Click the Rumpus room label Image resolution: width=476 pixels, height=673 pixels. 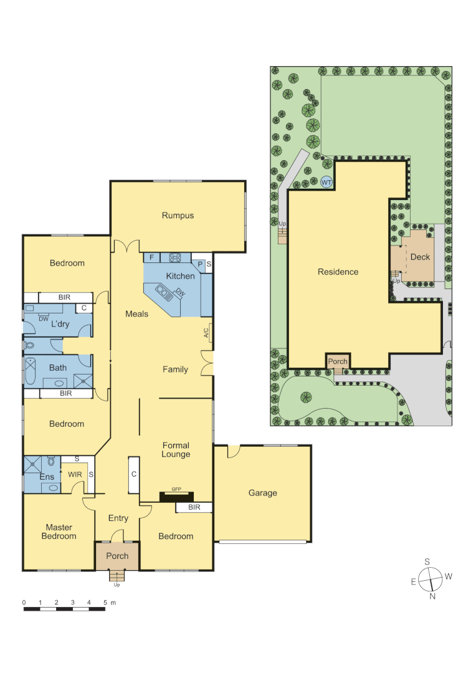[178, 216]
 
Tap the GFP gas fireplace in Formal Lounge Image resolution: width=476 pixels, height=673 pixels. [176, 496]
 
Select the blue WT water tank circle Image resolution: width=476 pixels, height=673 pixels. [326, 182]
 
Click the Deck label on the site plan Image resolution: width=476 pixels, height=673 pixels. [420, 257]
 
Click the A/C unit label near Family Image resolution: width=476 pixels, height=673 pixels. [206, 333]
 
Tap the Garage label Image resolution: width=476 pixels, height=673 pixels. [262, 493]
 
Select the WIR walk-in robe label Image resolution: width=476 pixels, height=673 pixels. [75, 475]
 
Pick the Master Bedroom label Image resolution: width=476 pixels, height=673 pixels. [59, 532]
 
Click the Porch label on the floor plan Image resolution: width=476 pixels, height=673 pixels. [117, 556]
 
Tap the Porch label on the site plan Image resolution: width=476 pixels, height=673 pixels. [338, 361]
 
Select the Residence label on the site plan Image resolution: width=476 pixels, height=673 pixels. [338, 272]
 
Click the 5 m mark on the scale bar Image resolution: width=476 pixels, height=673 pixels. [105, 603]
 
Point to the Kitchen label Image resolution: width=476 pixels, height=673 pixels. [180, 276]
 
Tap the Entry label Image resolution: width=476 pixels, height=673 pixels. [118, 518]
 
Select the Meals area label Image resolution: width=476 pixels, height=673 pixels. [136, 313]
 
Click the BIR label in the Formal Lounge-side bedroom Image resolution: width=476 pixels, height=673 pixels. [194, 508]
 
